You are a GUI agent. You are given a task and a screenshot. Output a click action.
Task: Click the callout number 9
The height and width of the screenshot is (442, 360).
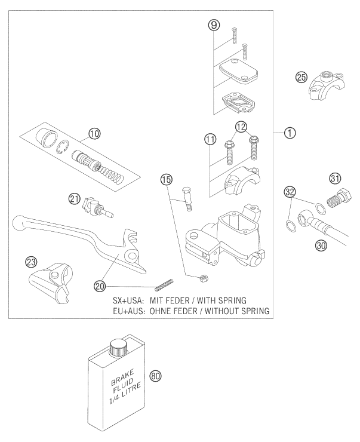(214, 25)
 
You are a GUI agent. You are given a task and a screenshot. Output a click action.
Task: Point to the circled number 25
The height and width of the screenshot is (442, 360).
(302, 76)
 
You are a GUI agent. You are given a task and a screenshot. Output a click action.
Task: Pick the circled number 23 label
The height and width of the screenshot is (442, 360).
(29, 262)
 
